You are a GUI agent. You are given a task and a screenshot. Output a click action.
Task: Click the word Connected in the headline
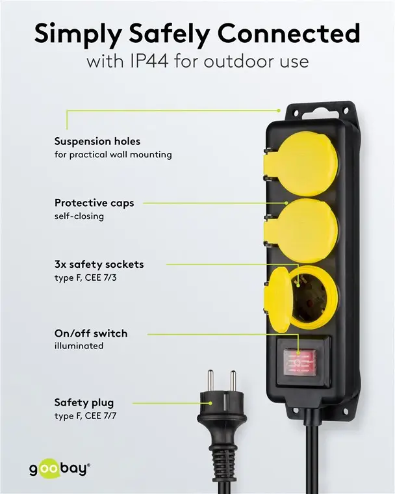(289, 32)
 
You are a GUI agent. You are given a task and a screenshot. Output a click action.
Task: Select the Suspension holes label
(97, 141)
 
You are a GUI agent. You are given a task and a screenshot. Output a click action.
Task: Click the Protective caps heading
(94, 203)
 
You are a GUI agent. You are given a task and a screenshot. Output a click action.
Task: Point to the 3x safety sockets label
(99, 265)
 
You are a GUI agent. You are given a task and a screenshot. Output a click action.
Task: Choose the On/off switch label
(91, 333)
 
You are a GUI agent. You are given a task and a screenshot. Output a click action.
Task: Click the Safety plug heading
(84, 402)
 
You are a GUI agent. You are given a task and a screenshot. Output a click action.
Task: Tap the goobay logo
(60, 469)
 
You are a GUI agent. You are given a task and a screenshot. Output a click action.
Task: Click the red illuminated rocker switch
(299, 363)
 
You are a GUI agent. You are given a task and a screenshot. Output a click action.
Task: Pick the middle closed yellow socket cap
(301, 231)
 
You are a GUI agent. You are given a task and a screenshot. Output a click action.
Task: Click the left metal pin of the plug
(210, 381)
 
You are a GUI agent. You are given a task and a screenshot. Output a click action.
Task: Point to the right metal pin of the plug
(233, 381)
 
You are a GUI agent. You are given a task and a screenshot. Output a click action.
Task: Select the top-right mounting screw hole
(345, 111)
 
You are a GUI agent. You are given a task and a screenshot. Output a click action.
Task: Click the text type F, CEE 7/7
(85, 416)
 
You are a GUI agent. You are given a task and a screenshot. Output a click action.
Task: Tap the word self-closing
(79, 216)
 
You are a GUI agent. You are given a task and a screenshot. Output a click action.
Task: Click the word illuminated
(79, 346)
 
